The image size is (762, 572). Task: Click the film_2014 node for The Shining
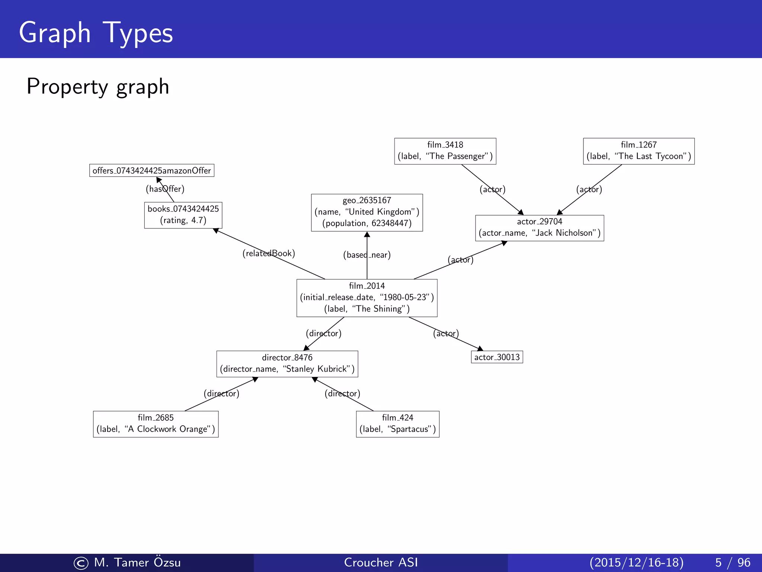[367, 298]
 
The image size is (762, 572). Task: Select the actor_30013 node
[497, 357]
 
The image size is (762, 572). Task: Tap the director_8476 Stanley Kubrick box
[287, 364]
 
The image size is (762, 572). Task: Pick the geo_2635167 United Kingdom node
[367, 212]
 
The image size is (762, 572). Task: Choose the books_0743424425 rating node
[183, 215]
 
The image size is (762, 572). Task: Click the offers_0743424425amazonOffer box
[152, 171]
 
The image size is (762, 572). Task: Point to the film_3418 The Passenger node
[445, 151]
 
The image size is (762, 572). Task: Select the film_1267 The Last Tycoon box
[638, 151]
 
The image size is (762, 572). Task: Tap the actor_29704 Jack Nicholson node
[540, 228]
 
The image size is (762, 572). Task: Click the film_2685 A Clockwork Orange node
[156, 424]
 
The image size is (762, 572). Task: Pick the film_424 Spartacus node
[397, 424]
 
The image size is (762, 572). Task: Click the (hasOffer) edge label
[165, 189]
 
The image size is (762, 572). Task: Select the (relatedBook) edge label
[269, 254]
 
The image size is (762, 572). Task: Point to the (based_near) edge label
[367, 255]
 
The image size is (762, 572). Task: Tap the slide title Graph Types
[96, 33]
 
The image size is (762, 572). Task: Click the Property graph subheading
[98, 86]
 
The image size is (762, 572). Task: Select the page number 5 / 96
[733, 562]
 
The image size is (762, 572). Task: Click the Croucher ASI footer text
[381, 562]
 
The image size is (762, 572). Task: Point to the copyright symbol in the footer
[81, 563]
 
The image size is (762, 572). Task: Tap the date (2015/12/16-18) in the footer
[637, 562]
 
